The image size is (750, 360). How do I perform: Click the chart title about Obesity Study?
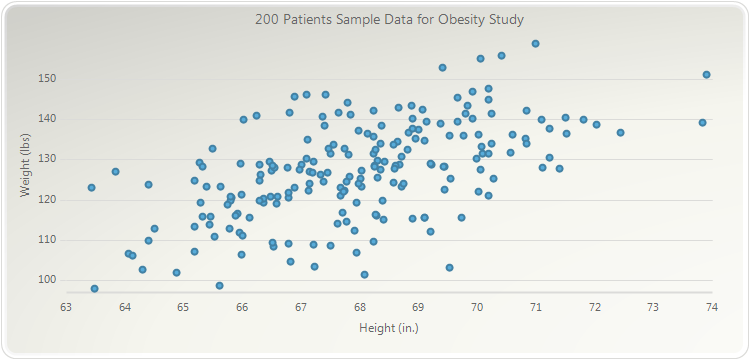pyautogui.click(x=389, y=20)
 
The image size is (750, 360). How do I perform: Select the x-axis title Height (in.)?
pyautogui.click(x=389, y=328)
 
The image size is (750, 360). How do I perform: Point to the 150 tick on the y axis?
pyautogui.click(x=47, y=78)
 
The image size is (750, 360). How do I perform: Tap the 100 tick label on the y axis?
pyautogui.click(x=47, y=280)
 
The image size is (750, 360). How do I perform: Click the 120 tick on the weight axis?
pyautogui.click(x=47, y=199)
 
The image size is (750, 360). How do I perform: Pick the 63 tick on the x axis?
pyautogui.click(x=66, y=307)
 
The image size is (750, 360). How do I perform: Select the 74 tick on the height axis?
pyautogui.click(x=712, y=307)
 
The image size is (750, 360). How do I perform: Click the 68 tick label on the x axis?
pyautogui.click(x=360, y=307)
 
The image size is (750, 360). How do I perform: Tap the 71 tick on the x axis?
pyautogui.click(x=536, y=307)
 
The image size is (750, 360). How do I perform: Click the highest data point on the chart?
pyautogui.click(x=536, y=44)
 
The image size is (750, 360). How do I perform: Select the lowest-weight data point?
pyautogui.click(x=95, y=288)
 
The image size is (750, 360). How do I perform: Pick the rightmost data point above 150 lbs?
pyautogui.click(x=706, y=75)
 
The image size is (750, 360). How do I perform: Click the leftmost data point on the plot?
pyautogui.click(x=92, y=187)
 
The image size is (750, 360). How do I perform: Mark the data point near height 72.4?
pyautogui.click(x=620, y=132)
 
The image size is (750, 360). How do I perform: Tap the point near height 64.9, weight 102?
pyautogui.click(x=176, y=273)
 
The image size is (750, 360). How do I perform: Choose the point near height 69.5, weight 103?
pyautogui.click(x=450, y=268)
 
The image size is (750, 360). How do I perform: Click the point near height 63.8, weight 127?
pyautogui.click(x=116, y=172)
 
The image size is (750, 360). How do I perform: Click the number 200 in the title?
pyautogui.click(x=265, y=20)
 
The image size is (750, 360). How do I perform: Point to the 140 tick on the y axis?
pyautogui.click(x=47, y=118)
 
